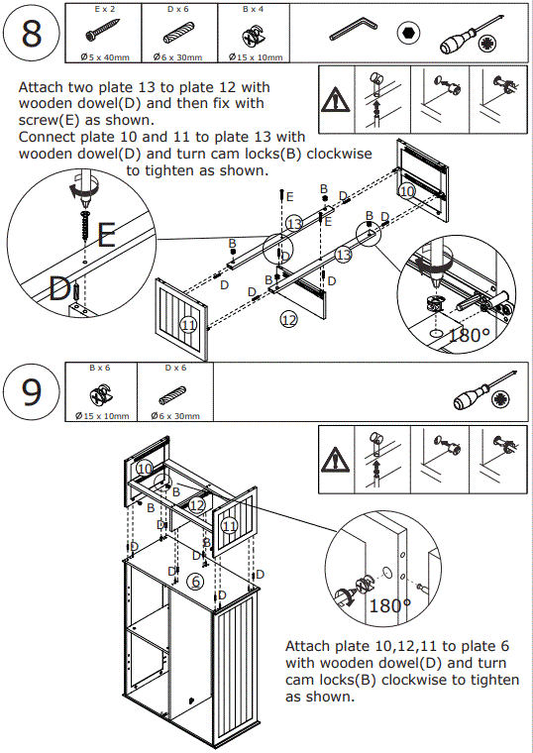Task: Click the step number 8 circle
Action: coord(32,33)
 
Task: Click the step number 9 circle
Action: coord(32,391)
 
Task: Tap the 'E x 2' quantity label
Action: coord(104,9)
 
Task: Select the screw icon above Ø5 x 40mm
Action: coord(102,30)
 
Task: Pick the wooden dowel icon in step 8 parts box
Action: coord(178,33)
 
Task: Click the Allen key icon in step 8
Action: coord(354,29)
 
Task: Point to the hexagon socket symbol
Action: coord(408,34)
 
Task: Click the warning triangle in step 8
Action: coord(336,100)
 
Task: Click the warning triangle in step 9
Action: coord(336,460)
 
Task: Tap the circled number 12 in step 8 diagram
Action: coord(289,319)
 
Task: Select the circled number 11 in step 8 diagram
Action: coord(188,325)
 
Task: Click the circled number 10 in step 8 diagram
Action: coord(407,191)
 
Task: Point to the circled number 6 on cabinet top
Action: coord(195,582)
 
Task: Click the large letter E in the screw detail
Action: coord(107,235)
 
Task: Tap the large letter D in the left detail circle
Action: coord(59,289)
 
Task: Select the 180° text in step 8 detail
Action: coord(470,335)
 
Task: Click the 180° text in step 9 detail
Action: coord(390,605)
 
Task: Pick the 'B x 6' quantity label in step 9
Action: coord(99,368)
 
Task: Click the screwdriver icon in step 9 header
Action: coord(484,391)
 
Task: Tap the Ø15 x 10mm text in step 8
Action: coord(256,57)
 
